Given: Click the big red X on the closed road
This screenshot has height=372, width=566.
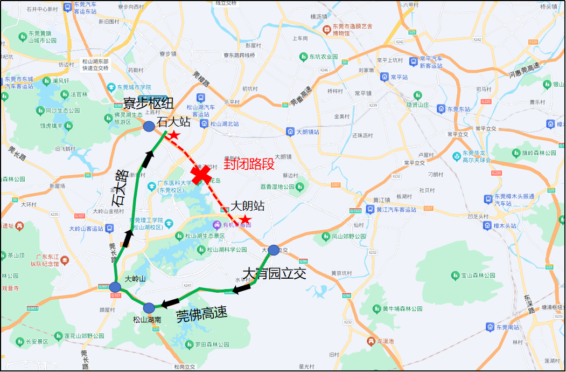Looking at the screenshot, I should click(x=201, y=174).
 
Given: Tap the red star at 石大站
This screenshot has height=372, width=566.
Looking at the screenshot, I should click(x=174, y=134).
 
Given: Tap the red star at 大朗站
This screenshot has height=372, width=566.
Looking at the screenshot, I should click(x=246, y=219).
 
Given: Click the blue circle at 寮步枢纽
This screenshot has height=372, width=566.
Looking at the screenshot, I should click(x=149, y=127).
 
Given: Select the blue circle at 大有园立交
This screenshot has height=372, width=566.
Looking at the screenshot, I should click(x=274, y=250).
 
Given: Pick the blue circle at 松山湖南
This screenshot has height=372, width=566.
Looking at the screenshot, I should click(x=149, y=307).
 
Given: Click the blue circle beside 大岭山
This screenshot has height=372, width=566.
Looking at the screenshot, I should click(x=115, y=287).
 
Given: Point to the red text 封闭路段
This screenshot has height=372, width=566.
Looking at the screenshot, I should click(x=249, y=163).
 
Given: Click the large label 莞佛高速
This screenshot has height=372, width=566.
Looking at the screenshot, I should click(x=202, y=313).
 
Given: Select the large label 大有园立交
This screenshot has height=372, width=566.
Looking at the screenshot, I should click(x=274, y=273).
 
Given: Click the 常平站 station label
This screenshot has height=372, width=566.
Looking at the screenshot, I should click(x=400, y=77).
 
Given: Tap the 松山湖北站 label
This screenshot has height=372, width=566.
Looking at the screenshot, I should click(x=224, y=124).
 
